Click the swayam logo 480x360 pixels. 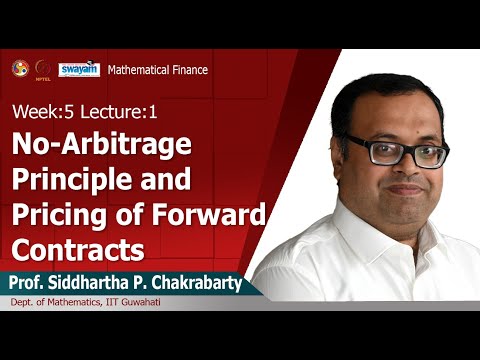click(78, 69)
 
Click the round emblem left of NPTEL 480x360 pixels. click(20, 68)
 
